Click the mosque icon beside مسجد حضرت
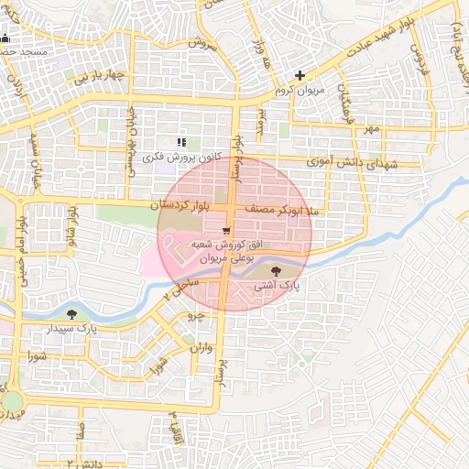(x=5, y=38)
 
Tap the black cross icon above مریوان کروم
(x=300, y=76)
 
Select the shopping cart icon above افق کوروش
(x=225, y=231)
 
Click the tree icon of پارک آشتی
(x=278, y=270)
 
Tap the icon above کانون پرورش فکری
(x=181, y=142)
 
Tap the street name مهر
(x=369, y=129)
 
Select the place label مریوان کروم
(x=300, y=92)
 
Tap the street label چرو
(x=193, y=315)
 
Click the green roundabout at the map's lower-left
(x=10, y=402)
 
